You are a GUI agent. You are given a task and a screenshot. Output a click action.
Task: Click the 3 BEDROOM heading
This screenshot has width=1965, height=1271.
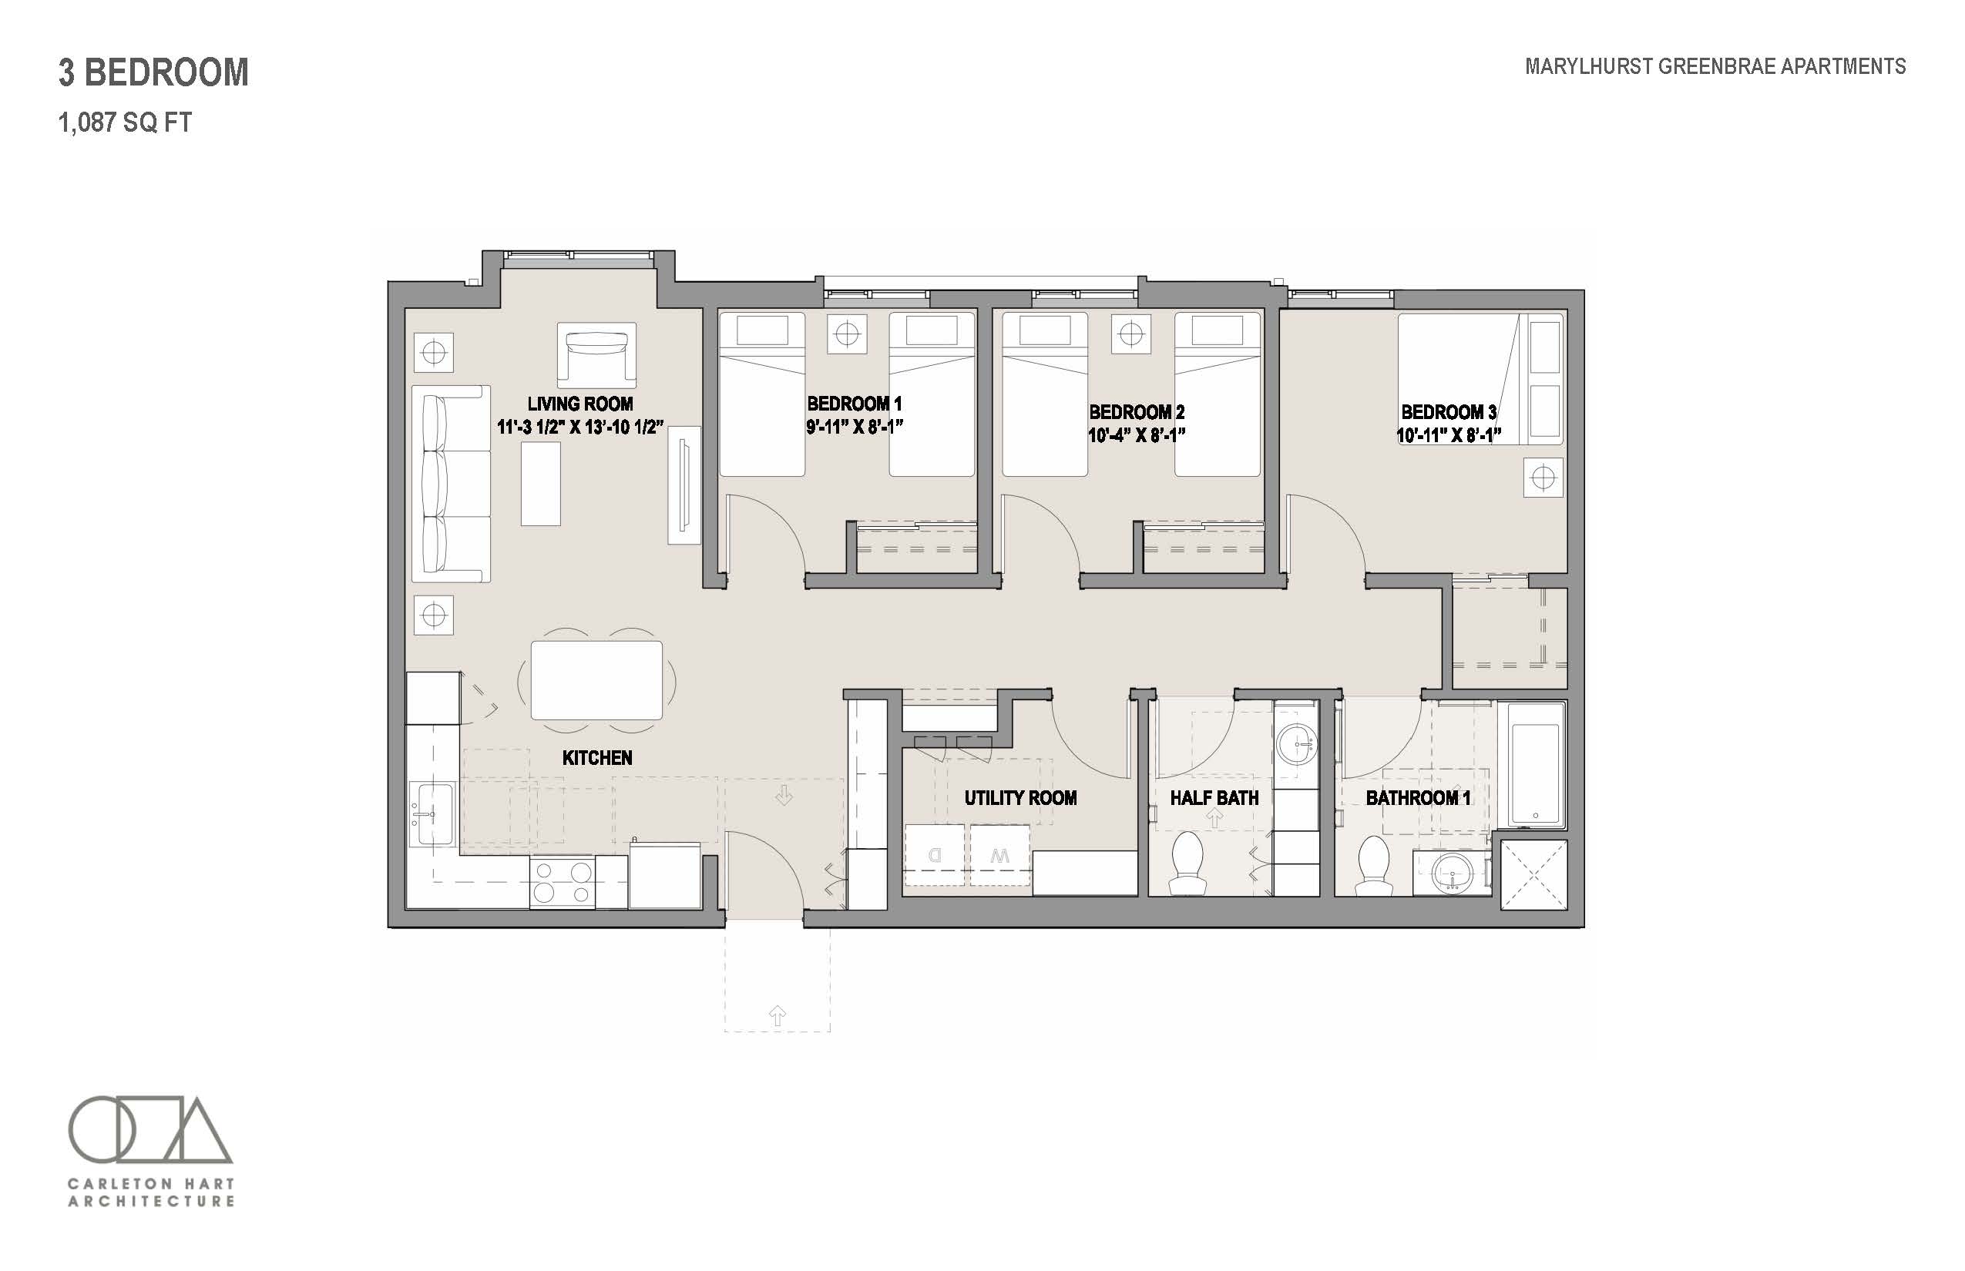[x=153, y=72]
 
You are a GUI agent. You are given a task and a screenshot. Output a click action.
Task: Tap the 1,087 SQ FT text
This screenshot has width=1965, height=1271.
[x=125, y=123]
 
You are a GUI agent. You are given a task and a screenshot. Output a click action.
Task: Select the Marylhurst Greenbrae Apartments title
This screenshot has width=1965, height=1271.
[x=1715, y=66]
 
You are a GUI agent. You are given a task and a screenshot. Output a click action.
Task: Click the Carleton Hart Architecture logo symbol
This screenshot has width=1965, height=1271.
[x=150, y=1128]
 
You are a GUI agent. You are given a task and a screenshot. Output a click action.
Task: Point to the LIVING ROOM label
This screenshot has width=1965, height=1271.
[x=580, y=404]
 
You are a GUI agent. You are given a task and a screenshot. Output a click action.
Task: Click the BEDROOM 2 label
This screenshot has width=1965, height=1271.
[x=1137, y=412]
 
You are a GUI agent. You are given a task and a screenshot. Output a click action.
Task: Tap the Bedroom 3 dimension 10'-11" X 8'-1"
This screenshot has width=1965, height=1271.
[x=1448, y=435]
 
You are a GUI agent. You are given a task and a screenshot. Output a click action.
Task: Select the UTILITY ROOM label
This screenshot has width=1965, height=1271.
[x=1020, y=798]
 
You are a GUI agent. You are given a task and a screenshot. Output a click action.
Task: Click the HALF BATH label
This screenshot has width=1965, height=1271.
[x=1214, y=798]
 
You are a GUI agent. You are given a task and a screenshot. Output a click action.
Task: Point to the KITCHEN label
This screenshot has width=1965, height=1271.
[x=597, y=758]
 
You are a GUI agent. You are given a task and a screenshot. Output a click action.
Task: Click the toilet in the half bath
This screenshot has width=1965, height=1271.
[x=1188, y=863]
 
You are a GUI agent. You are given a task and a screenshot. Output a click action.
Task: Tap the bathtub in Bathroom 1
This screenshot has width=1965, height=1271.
[x=1536, y=764]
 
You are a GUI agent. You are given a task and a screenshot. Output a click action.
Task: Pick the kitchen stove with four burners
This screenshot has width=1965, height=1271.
[x=563, y=882]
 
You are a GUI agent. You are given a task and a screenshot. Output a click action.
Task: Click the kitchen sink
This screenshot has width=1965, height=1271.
[x=432, y=813]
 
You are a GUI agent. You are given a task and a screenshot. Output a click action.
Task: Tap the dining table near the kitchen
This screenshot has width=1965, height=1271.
[x=596, y=680]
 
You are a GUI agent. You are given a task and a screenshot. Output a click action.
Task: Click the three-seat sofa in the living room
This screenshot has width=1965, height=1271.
[x=451, y=484]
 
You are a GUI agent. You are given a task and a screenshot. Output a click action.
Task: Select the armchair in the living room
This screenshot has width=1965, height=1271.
[x=597, y=355]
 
